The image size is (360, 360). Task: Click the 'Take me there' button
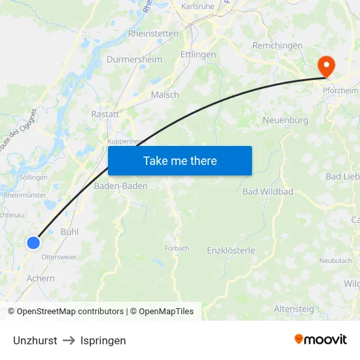[180, 160]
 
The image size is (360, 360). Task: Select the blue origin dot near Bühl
[33, 243]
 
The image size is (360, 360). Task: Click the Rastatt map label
[105, 114]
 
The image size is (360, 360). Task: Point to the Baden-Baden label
[121, 186]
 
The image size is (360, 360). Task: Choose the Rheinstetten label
[153, 33]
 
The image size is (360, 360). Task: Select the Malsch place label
[165, 95]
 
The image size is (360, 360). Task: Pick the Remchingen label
[278, 46]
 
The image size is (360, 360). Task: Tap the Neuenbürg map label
[285, 120]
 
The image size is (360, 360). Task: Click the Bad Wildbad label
[268, 192]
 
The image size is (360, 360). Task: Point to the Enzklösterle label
[231, 251]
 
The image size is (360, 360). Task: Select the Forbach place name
[177, 249]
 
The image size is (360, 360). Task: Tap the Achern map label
[41, 278]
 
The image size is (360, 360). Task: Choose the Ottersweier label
[59, 257]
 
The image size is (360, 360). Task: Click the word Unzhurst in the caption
[35, 340]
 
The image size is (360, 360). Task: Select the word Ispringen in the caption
[103, 340]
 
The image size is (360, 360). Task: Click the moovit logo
[320, 339]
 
